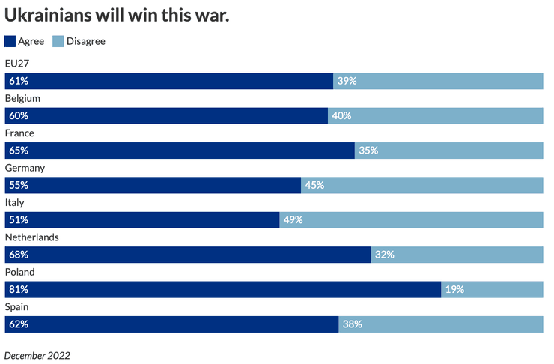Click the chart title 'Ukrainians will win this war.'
117,15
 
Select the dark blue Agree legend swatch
10,41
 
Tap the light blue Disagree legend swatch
59,41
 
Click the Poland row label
19,272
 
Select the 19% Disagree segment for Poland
492,289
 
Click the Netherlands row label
31,237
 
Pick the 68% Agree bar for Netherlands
187,255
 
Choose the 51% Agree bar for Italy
142,219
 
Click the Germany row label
25,168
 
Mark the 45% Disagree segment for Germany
421,185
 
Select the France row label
19,133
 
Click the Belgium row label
22,98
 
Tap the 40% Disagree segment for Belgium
435,115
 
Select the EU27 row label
16,64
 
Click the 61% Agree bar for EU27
168,81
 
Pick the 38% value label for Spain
353,324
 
